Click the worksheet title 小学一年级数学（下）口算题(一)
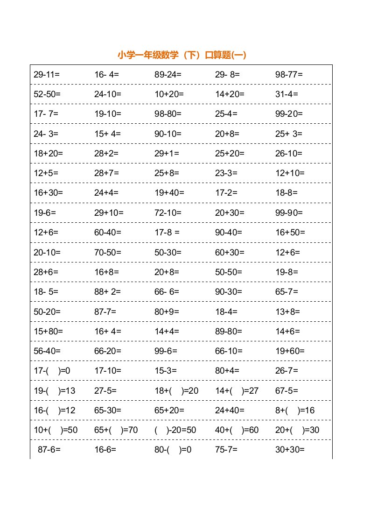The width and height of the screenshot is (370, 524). pos(182,55)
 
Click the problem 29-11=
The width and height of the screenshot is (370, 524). pos(47,74)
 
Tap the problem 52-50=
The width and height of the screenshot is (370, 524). pos(47,94)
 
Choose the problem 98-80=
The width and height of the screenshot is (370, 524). pos(168,113)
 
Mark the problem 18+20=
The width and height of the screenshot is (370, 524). pos(48,153)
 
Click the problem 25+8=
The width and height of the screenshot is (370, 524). pos(167,173)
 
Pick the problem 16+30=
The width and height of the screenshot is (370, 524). pos(48,193)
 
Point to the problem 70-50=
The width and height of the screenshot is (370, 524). pos(108,252)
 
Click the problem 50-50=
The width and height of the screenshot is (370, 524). pos(229,272)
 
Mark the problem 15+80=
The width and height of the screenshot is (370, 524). pos(48,332)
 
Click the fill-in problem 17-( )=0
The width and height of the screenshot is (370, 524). pos(52,371)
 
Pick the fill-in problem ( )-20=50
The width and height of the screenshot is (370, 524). pos(175,430)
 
